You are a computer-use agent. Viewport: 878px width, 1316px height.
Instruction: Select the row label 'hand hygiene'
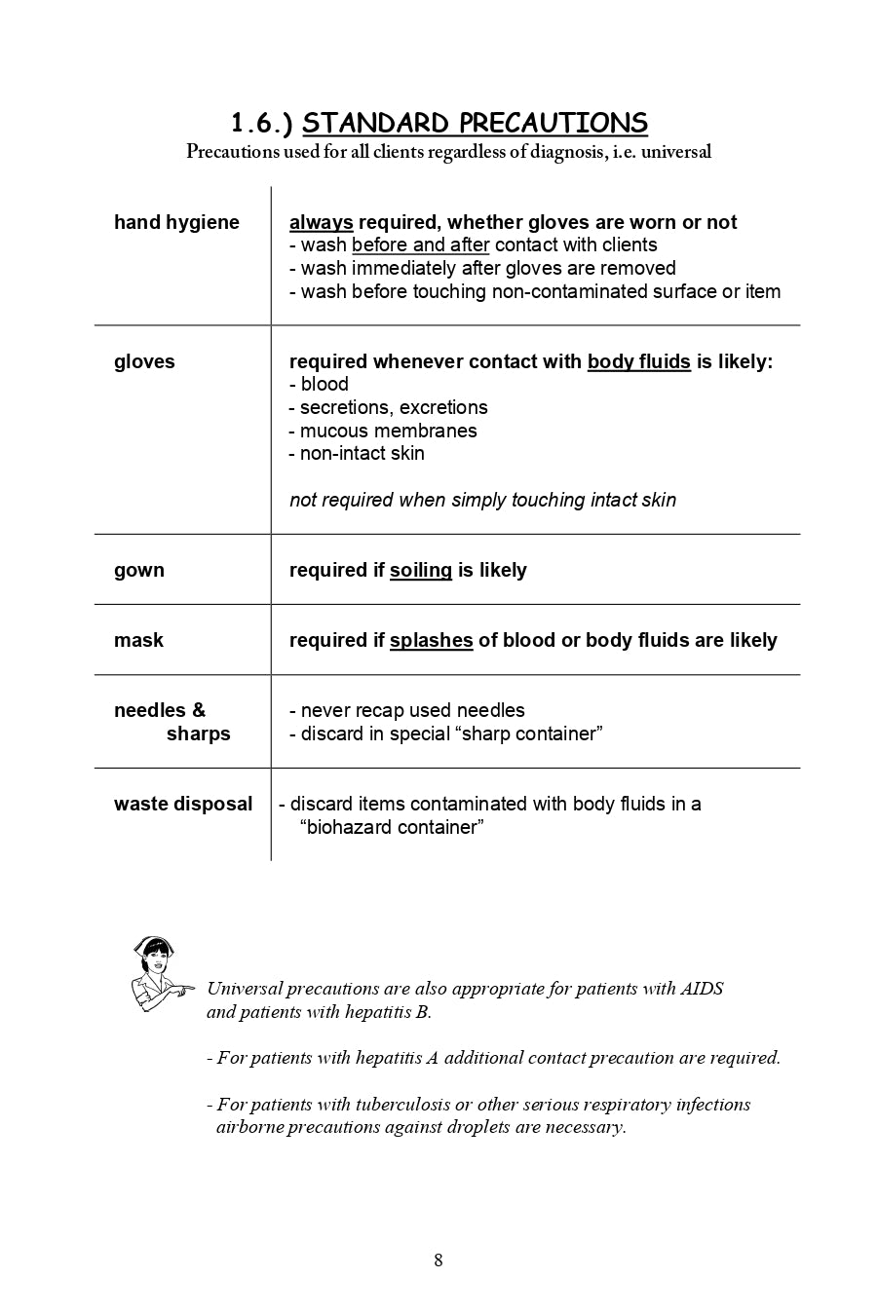click(x=176, y=222)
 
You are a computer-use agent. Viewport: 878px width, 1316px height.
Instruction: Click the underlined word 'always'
click(x=321, y=222)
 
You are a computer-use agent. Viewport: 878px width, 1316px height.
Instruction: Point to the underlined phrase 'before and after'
click(x=420, y=245)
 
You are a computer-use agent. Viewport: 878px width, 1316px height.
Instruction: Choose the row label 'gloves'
click(x=144, y=361)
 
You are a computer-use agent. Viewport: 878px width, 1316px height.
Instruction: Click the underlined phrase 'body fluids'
click(x=638, y=361)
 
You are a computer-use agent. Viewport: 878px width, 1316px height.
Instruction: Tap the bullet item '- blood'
click(x=320, y=385)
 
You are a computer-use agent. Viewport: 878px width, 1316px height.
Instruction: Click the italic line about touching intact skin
click(x=482, y=500)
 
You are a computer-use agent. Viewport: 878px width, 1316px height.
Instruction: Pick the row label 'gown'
click(x=139, y=570)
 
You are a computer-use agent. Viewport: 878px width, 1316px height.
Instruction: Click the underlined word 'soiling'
click(x=421, y=570)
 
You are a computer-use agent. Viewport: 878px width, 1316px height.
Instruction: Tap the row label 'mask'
click(x=138, y=640)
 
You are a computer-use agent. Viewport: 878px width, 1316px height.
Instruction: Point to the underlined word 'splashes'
click(x=431, y=640)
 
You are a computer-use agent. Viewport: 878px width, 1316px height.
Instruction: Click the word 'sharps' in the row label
click(x=198, y=733)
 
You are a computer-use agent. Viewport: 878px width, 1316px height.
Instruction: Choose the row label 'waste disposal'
click(x=183, y=804)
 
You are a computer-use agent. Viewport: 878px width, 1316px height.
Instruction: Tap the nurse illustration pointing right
click(x=159, y=973)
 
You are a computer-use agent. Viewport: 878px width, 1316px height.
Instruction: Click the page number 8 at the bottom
click(x=439, y=1260)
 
